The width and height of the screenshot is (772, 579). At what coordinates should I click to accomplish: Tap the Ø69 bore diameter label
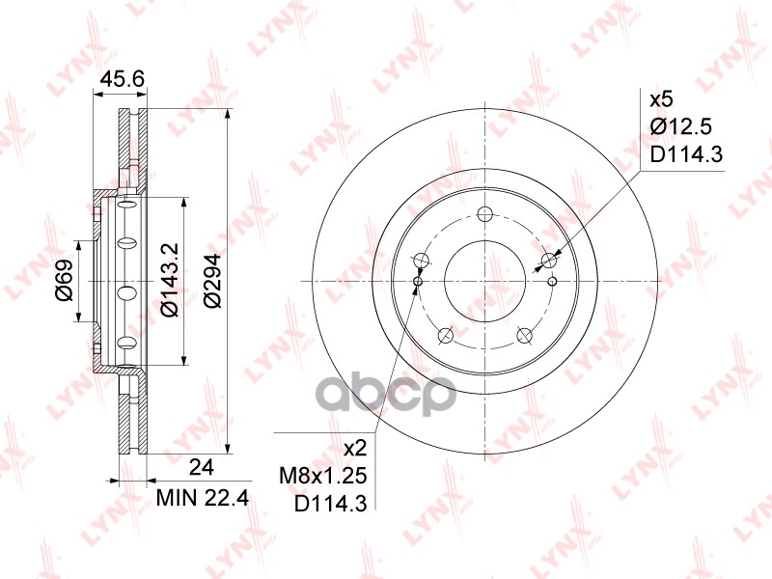65,280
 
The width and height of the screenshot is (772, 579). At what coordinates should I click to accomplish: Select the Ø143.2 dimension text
170,280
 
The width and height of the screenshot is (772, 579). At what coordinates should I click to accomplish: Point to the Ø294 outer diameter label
212,280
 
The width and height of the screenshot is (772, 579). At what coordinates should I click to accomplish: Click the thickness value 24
202,467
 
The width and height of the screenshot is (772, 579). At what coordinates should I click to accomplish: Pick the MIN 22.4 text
203,498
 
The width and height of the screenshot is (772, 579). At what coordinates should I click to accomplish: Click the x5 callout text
661,100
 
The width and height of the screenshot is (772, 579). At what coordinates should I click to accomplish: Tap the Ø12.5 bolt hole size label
681,127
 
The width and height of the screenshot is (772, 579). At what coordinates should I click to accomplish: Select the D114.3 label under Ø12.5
686,154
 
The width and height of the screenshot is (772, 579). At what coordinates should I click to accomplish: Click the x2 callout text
355,449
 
